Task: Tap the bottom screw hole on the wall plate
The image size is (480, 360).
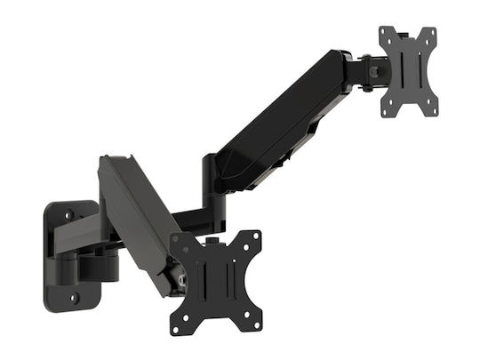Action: click(x=73, y=297)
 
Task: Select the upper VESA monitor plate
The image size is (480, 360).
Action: click(x=409, y=71)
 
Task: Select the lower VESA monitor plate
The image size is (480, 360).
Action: click(x=216, y=283)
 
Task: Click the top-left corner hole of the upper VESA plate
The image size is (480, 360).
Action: click(x=386, y=33)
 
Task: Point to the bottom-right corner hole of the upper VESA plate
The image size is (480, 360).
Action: click(x=432, y=111)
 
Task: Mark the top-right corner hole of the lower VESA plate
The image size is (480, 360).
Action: click(x=256, y=237)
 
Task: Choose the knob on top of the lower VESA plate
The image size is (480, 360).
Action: click(x=211, y=241)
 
